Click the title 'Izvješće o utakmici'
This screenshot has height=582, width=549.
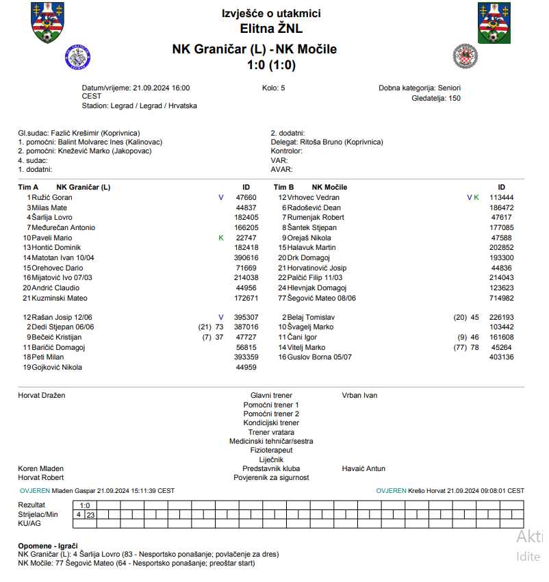click(271, 14)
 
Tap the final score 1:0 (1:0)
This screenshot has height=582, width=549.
click(271, 66)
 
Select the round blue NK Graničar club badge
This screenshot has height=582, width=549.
click(77, 58)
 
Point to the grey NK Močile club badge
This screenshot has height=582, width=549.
click(465, 55)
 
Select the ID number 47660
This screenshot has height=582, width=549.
click(246, 197)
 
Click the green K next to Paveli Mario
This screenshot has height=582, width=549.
click(221, 238)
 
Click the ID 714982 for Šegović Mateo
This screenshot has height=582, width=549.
click(501, 298)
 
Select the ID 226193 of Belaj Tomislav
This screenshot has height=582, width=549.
click(501, 318)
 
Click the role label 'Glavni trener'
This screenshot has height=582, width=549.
click(271, 395)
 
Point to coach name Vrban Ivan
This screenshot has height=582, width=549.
click(359, 395)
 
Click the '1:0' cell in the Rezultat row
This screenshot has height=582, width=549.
click(85, 505)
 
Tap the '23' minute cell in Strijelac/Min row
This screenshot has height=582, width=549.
click(90, 514)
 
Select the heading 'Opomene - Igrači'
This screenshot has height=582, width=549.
click(48, 546)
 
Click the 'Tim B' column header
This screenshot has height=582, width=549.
click(283, 187)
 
